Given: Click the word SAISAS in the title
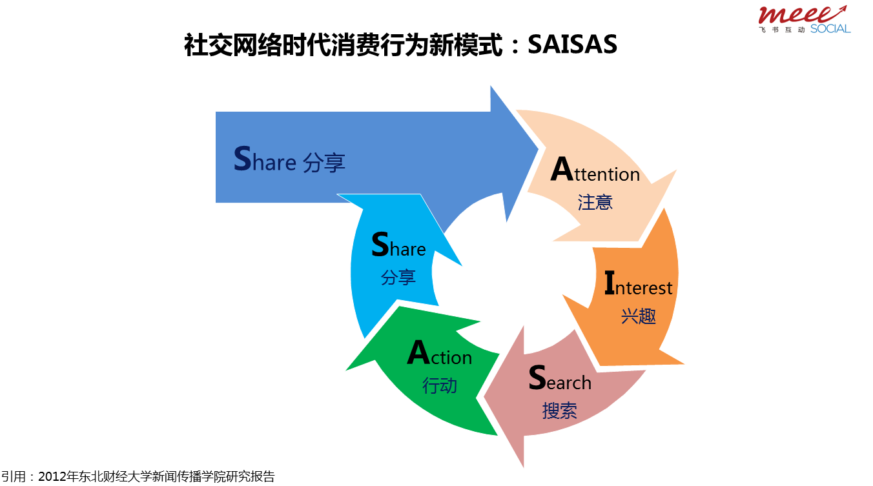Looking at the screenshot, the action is click(572, 44).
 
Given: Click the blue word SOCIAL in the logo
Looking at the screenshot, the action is click(830, 29).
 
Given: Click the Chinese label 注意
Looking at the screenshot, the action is click(595, 203).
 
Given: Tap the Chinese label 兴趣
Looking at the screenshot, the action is click(639, 316).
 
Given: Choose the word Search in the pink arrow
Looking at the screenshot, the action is click(560, 378).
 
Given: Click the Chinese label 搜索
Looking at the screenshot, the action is click(560, 411).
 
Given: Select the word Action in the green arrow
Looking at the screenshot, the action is click(440, 353).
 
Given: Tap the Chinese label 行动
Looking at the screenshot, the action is click(440, 385).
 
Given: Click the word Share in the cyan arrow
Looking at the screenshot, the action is click(398, 245).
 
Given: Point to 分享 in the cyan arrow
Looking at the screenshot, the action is click(398, 278).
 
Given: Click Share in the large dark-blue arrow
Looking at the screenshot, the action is click(265, 159).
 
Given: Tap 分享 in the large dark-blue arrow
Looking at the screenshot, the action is click(324, 163).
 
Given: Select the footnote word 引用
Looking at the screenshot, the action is click(14, 477).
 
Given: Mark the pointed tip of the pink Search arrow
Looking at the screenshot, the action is click(524, 467).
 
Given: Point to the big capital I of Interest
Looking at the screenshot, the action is click(610, 283).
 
